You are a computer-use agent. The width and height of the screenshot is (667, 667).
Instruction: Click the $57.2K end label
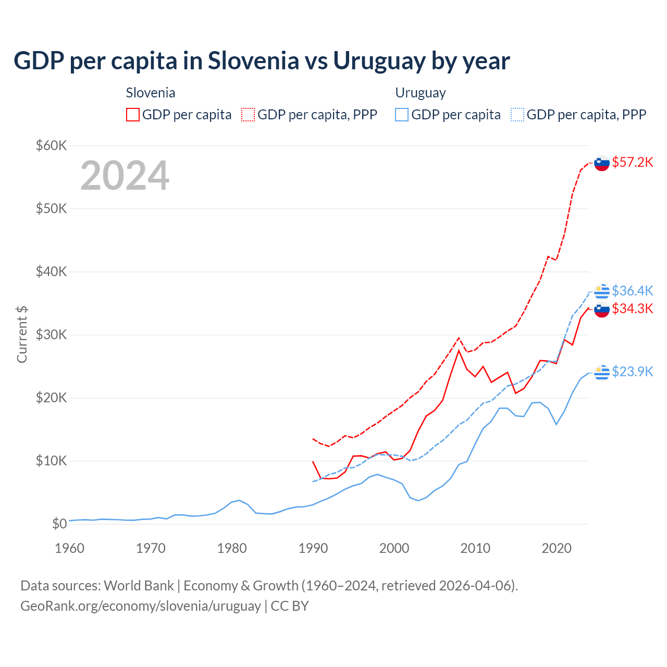tap(632, 162)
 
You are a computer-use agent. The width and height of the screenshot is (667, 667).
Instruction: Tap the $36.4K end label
tap(632, 290)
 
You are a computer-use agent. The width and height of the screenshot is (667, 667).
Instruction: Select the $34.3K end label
tap(632, 308)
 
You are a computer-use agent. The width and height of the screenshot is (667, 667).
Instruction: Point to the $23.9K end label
tap(632, 371)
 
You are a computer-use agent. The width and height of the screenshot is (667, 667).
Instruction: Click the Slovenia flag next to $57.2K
tap(602, 163)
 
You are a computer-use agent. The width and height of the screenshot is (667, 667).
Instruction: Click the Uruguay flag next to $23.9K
tap(602, 372)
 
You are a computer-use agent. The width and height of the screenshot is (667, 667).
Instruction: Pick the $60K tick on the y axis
tap(51, 145)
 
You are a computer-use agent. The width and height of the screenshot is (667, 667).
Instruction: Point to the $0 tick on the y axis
tap(59, 524)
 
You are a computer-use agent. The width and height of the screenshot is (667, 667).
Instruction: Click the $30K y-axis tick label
tap(51, 335)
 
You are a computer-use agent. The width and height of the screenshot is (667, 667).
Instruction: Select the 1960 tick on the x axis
tap(69, 548)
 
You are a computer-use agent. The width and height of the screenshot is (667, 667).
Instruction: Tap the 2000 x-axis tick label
tap(394, 548)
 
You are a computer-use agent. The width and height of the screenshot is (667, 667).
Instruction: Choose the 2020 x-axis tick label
tap(557, 548)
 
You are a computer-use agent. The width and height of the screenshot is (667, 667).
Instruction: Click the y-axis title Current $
tap(22, 334)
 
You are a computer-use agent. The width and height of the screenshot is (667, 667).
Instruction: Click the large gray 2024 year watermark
tap(125, 176)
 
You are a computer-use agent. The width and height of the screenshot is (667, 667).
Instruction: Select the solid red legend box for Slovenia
tap(133, 115)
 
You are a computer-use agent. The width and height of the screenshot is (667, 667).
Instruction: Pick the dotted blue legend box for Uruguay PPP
tap(517, 115)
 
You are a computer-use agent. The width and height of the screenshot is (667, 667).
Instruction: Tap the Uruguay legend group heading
tap(421, 93)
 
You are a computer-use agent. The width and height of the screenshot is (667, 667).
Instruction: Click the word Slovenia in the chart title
tap(253, 61)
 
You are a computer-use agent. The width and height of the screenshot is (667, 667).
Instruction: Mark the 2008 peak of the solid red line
tap(459, 350)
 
